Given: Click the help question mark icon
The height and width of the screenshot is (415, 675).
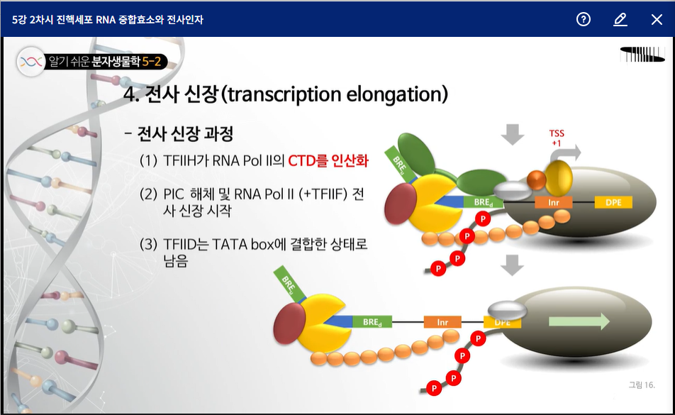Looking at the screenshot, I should [584, 19].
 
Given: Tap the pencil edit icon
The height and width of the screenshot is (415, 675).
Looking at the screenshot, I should [620, 19].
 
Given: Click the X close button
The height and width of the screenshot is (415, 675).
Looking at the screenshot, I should [657, 19].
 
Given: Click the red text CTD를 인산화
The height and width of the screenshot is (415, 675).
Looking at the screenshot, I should [328, 161].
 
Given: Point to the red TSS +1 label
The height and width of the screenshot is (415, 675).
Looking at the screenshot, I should [557, 138].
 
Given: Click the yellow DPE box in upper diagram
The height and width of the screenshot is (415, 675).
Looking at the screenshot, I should [613, 202].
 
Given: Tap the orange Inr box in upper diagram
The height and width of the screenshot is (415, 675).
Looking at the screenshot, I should [554, 202].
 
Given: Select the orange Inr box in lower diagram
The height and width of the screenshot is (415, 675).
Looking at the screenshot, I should [442, 322].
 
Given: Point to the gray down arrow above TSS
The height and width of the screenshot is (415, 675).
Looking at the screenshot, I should [512, 134].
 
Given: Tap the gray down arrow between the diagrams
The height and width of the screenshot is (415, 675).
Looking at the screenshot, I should [512, 265].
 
